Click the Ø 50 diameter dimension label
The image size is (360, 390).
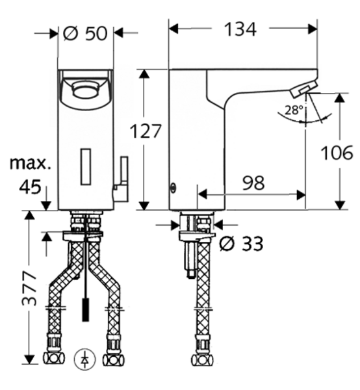87,32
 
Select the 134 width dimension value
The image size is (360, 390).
239,29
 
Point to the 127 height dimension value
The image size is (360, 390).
144,132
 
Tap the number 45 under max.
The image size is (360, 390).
29,187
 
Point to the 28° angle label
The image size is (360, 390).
293,110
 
